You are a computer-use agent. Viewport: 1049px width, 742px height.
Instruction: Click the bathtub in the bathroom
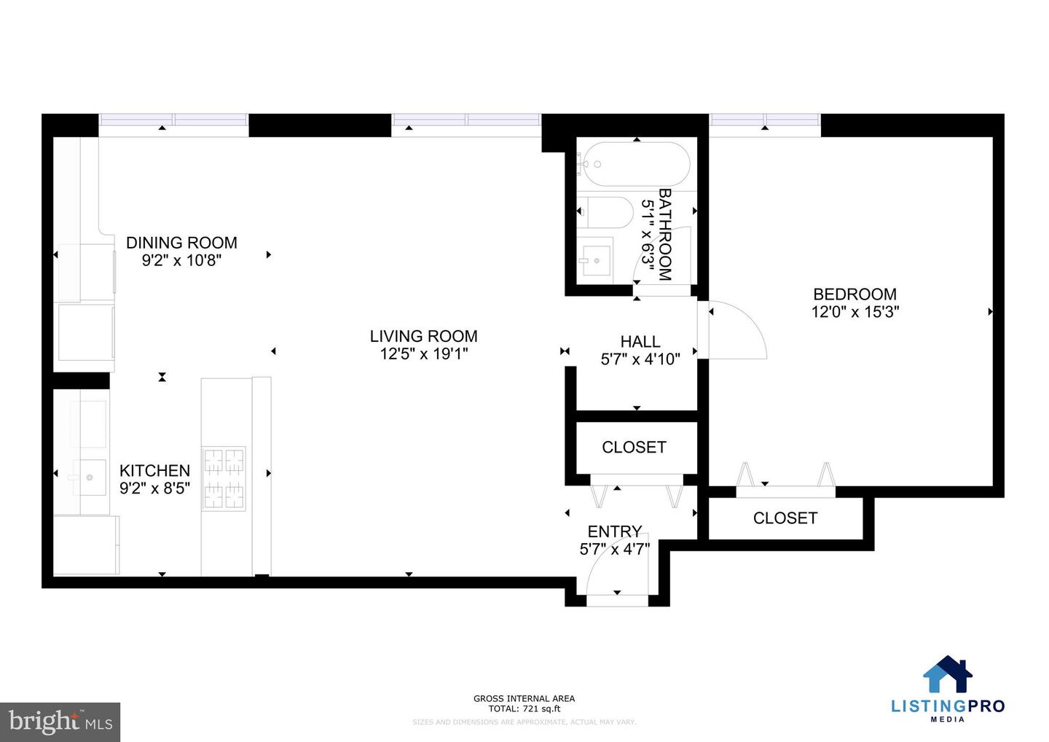634,165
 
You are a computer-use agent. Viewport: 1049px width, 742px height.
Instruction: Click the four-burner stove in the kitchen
224,478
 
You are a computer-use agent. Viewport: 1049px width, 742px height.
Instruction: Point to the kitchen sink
89,477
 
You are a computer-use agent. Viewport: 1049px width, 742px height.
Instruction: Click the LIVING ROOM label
423,336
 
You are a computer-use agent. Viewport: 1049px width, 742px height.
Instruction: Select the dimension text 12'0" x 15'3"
854,312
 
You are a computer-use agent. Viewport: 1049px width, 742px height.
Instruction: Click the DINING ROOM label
181,243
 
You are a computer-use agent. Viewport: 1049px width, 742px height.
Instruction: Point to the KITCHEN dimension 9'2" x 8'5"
154,488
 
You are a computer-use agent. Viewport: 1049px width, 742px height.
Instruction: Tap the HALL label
640,341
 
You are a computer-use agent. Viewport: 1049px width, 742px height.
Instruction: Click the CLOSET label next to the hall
634,447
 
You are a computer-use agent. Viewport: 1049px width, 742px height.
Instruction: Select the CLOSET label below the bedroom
785,518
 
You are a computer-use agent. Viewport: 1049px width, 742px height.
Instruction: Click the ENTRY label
615,531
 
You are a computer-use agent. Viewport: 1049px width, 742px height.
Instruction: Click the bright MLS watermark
60,722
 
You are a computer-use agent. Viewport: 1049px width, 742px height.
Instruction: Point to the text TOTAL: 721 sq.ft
524,708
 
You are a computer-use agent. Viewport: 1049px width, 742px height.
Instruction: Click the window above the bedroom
765,125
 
